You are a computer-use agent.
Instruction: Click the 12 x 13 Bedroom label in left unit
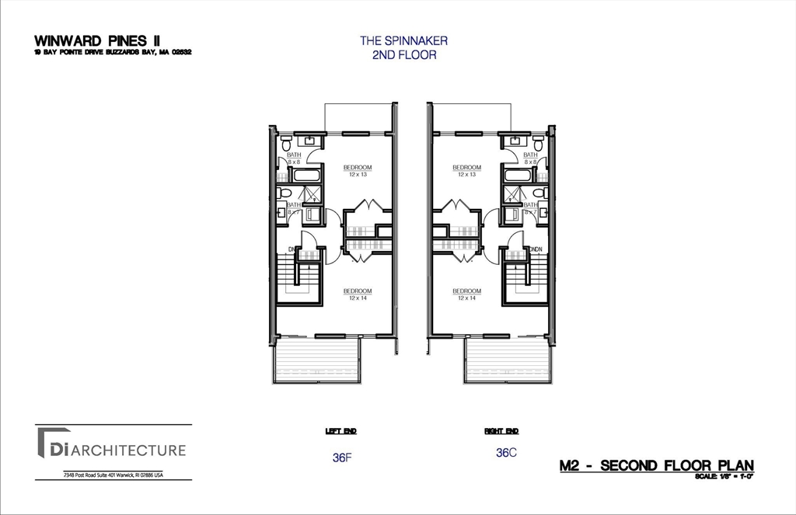pos(357,170)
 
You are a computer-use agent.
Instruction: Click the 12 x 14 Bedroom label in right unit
pos(466,294)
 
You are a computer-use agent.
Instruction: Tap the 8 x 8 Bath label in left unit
pos(294,158)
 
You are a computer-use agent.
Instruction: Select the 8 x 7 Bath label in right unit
pos(530,208)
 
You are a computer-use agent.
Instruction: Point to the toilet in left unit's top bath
pos(287,144)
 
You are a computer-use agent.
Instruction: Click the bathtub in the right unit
pos(516,173)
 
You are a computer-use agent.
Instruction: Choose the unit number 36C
pos(506,452)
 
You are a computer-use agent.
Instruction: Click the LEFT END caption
pos(340,430)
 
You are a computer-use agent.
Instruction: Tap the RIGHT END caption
pos(501,430)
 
